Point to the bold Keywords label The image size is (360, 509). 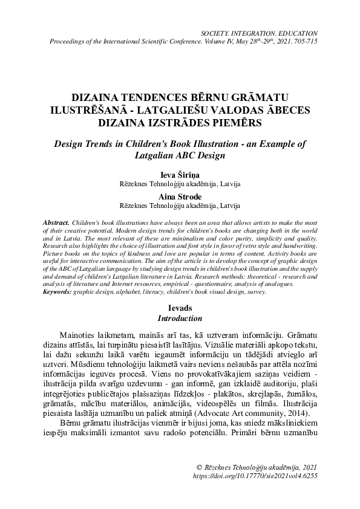(59, 291)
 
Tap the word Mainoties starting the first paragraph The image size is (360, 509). (79, 336)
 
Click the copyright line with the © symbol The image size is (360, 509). (257, 467)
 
